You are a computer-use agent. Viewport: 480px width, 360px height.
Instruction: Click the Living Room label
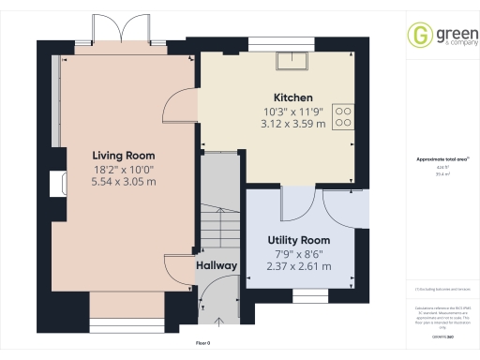click(123, 155)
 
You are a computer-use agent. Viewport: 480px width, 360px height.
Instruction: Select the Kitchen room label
click(292, 97)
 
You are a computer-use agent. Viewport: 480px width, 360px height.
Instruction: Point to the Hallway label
click(216, 266)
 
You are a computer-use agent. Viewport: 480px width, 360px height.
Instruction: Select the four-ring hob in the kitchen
click(344, 116)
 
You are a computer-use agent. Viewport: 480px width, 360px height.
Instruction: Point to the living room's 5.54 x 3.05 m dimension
click(123, 183)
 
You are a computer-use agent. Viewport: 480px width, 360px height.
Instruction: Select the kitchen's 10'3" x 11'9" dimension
click(292, 112)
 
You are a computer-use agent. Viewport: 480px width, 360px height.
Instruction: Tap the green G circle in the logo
click(417, 36)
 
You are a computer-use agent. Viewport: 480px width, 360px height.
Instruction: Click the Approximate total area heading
click(437, 158)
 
